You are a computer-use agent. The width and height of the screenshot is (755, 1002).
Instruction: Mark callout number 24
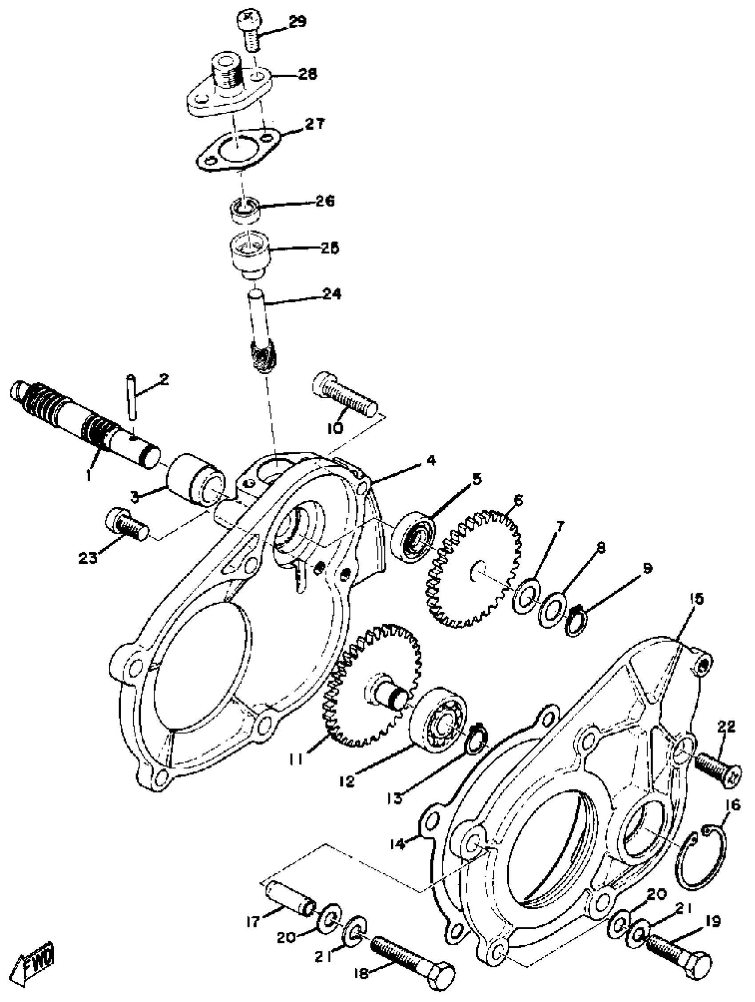tap(331, 294)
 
